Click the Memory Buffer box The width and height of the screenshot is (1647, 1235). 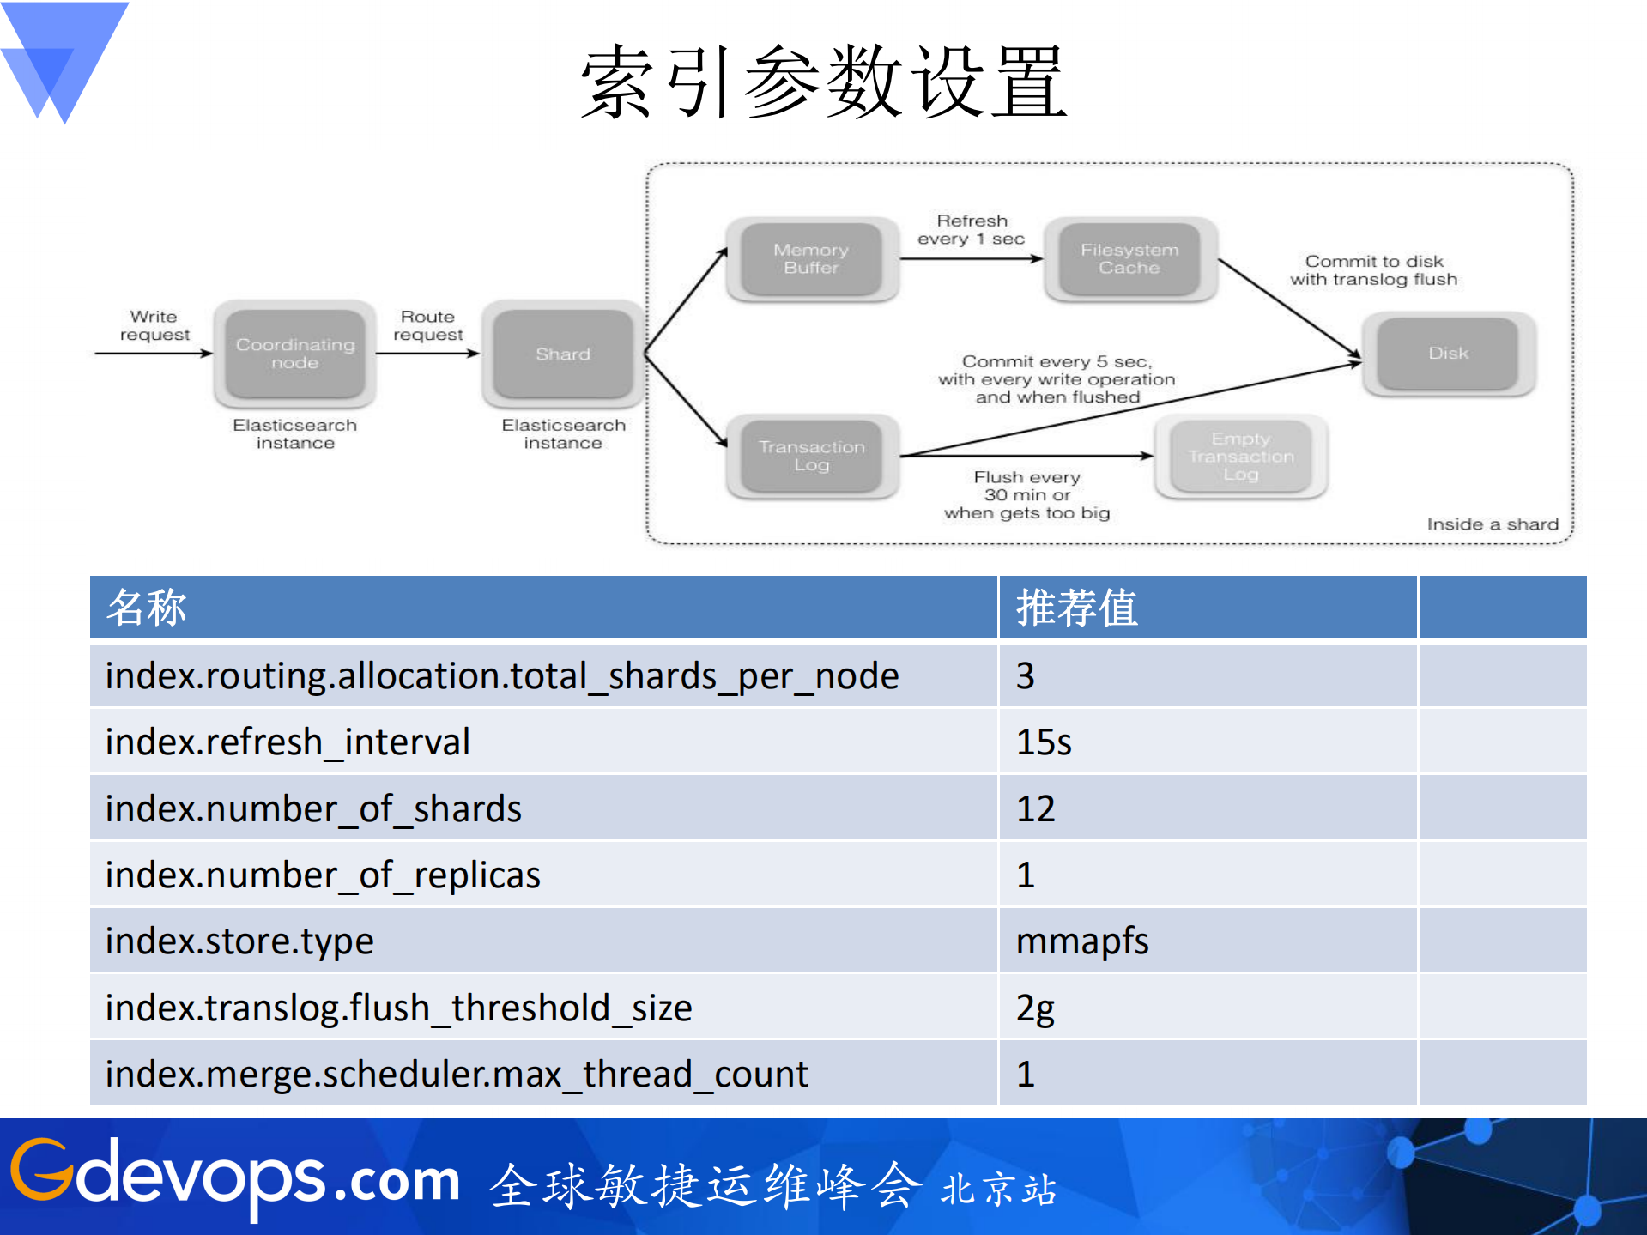click(x=811, y=259)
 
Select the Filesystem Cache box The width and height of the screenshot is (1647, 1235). click(x=1129, y=259)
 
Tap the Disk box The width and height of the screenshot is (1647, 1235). click(x=1448, y=354)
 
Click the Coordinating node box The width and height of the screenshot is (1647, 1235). click(x=294, y=354)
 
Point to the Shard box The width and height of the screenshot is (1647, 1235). click(x=562, y=354)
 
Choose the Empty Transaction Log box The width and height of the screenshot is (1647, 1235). click(x=1240, y=457)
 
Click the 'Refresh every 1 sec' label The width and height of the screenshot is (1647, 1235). click(x=972, y=230)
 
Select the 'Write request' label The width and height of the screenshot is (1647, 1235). click(x=154, y=325)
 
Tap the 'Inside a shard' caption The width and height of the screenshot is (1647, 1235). click(x=1492, y=524)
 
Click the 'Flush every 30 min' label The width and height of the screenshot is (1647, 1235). click(x=1026, y=495)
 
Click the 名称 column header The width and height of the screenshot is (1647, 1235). click(x=146, y=608)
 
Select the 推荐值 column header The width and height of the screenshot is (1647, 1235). click(x=1076, y=608)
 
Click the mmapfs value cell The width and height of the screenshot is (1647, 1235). click(x=1081, y=941)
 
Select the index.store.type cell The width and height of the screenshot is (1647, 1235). click(x=239, y=941)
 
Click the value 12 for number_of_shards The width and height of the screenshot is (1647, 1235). click(x=1035, y=808)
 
